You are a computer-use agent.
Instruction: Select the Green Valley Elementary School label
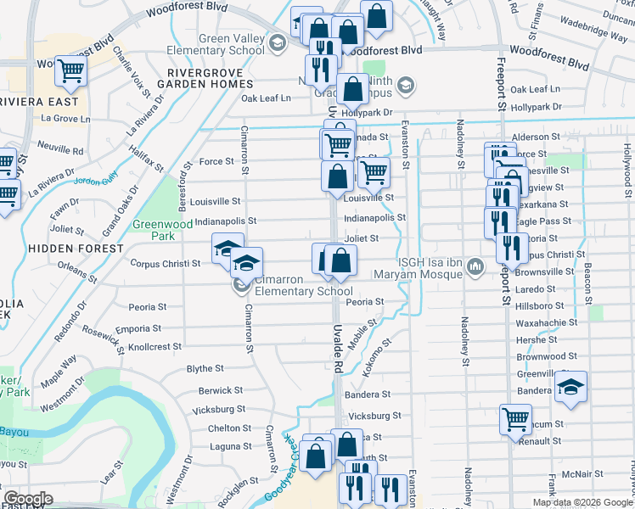tap(232, 44)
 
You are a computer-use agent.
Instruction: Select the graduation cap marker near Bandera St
tap(571, 387)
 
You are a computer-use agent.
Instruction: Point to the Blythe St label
tap(205, 369)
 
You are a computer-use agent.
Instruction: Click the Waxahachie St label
tap(547, 322)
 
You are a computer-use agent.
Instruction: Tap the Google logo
tap(28, 499)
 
